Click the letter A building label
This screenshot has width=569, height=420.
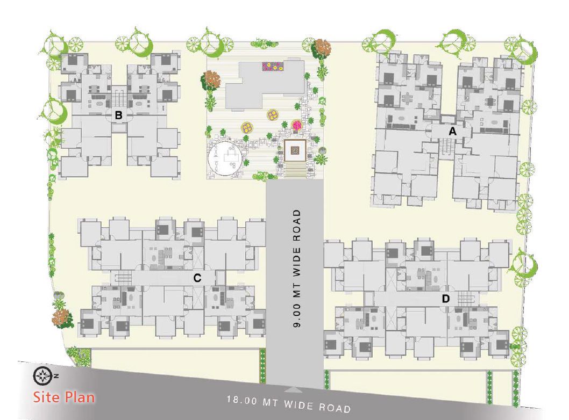pyautogui.click(x=452, y=132)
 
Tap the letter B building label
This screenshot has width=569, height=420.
pyautogui.click(x=118, y=115)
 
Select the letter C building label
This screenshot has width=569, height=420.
pyautogui.click(x=197, y=278)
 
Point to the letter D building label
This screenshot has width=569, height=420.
pyautogui.click(x=446, y=299)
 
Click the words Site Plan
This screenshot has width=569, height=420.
pyautogui.click(x=64, y=397)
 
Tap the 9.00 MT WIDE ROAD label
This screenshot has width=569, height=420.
pyautogui.click(x=297, y=269)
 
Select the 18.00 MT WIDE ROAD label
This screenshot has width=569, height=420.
pyautogui.click(x=289, y=404)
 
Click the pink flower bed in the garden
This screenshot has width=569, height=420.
pyautogui.click(x=297, y=125)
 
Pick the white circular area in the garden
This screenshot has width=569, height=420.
pyautogui.click(x=225, y=158)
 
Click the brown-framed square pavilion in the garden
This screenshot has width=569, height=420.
pyautogui.click(x=295, y=150)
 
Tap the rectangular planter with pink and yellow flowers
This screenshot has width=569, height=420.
pyautogui.click(x=273, y=66)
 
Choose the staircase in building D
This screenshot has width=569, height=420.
pyautogui.click(x=466, y=298)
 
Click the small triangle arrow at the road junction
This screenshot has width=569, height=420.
pyautogui.click(x=295, y=390)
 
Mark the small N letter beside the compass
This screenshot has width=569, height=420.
pyautogui.click(x=56, y=376)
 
